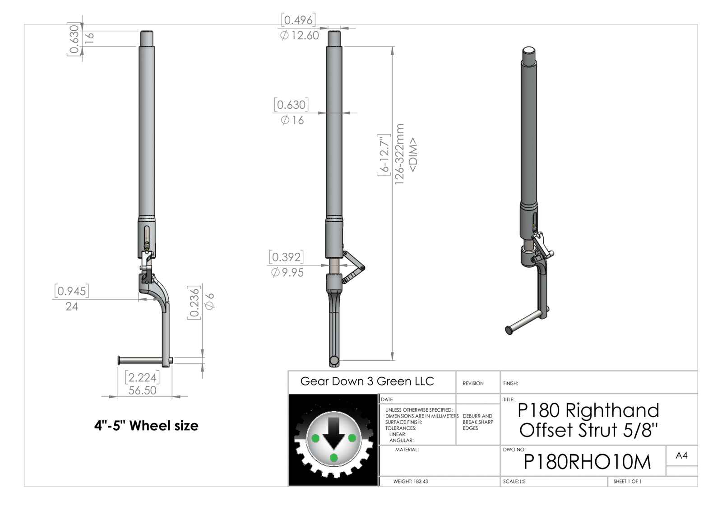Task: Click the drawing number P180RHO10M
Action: [587, 462]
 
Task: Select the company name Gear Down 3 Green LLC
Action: [367, 381]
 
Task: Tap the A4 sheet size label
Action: [681, 455]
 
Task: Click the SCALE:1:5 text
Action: [514, 481]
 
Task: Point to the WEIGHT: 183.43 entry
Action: [411, 481]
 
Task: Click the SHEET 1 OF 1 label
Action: [627, 481]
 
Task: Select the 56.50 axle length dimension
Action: [143, 390]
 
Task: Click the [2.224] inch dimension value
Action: [143, 377]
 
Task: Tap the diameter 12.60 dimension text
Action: [300, 35]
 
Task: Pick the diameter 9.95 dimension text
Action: [287, 272]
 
